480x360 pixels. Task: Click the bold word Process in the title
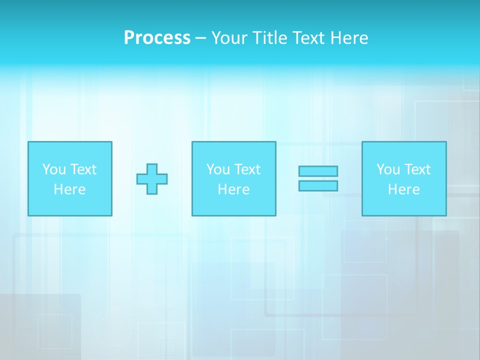(157, 38)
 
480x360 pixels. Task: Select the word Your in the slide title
(229, 38)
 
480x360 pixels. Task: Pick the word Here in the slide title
(350, 38)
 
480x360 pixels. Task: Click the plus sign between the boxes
(152, 178)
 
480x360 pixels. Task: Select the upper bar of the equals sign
(318, 171)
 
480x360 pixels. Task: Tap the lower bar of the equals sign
(318, 185)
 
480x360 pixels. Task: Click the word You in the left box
(54, 169)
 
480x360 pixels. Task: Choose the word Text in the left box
(82, 169)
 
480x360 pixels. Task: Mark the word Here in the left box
(69, 189)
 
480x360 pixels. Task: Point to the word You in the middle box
(218, 169)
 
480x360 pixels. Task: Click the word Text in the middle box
(246, 169)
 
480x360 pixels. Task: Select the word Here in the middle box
(233, 189)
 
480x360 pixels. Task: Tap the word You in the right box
(388, 169)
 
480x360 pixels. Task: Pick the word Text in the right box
(416, 169)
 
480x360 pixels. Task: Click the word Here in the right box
(403, 189)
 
